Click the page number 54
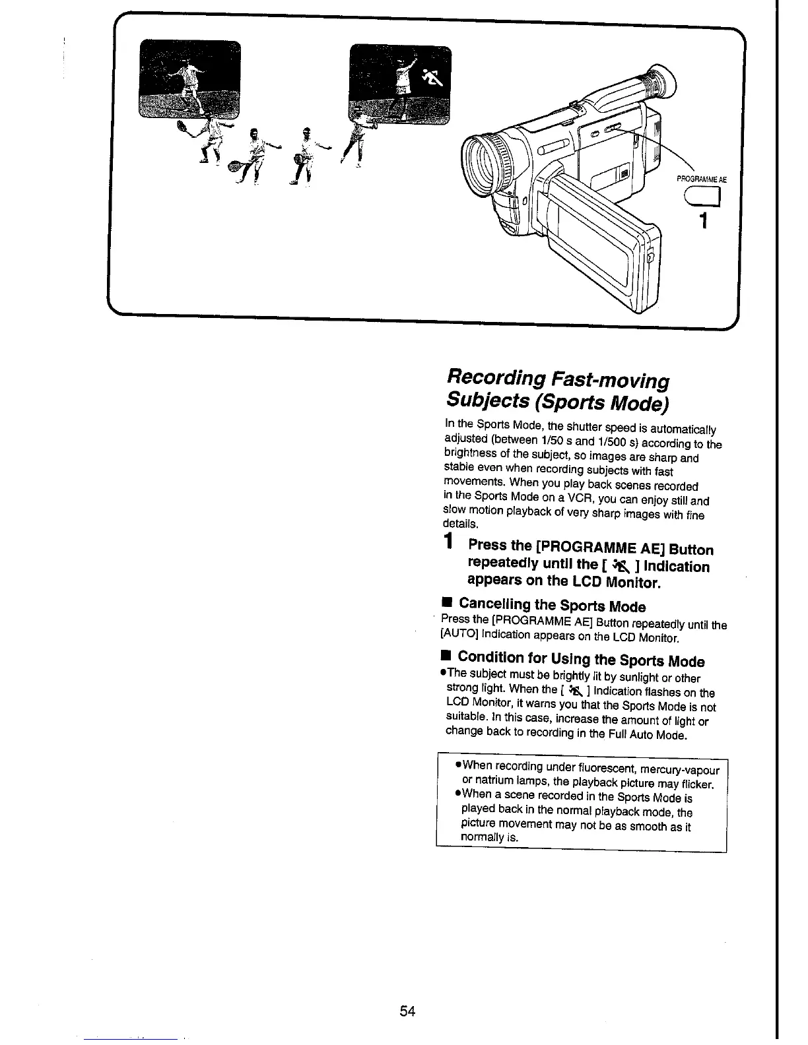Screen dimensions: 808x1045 pos(407,1011)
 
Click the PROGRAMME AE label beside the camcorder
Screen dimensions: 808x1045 pos(702,179)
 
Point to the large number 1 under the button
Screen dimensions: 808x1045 pos(704,220)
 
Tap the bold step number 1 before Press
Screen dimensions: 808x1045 pos(449,543)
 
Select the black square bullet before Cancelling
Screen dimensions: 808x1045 pos(447,604)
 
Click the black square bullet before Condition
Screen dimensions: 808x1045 pos(447,656)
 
